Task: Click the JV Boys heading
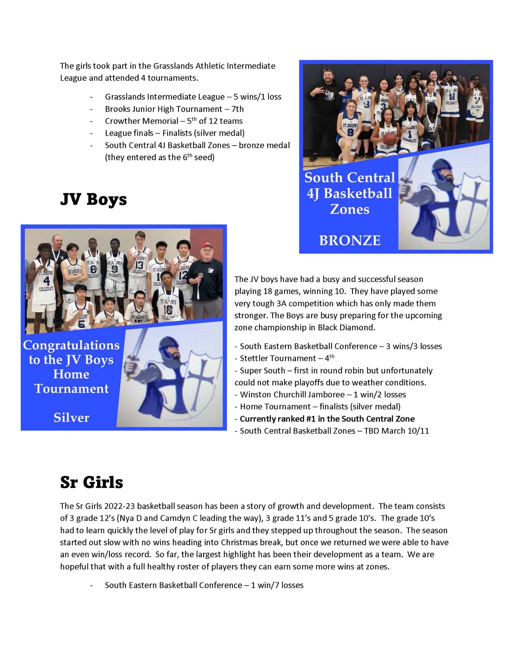tap(93, 199)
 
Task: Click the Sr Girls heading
tap(92, 482)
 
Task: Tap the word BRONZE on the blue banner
tap(350, 240)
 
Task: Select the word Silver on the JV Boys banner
tap(71, 418)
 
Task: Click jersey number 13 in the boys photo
tap(139, 265)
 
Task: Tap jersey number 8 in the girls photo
tap(350, 132)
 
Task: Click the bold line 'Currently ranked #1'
tap(327, 419)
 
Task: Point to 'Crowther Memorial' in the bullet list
tap(142, 121)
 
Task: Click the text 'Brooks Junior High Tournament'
tap(163, 109)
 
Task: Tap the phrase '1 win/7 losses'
tap(277, 585)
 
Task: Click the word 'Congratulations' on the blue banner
tap(71, 345)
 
